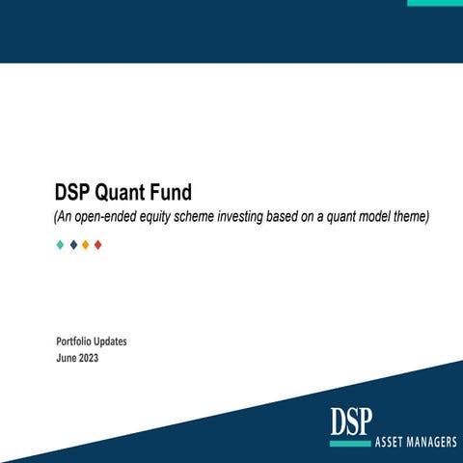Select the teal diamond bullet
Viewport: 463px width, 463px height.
[60, 245]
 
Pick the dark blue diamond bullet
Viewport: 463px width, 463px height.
[73, 245]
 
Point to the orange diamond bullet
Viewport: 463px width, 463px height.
[86, 245]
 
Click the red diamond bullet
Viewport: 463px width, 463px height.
[98, 245]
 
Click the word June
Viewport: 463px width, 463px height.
[68, 358]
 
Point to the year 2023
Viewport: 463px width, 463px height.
[89, 358]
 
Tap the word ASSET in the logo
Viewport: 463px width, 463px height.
[390, 445]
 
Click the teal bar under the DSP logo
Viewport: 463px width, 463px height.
[349, 444]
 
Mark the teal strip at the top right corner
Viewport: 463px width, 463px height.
[434, 3]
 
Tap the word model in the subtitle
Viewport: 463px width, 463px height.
[369, 217]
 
